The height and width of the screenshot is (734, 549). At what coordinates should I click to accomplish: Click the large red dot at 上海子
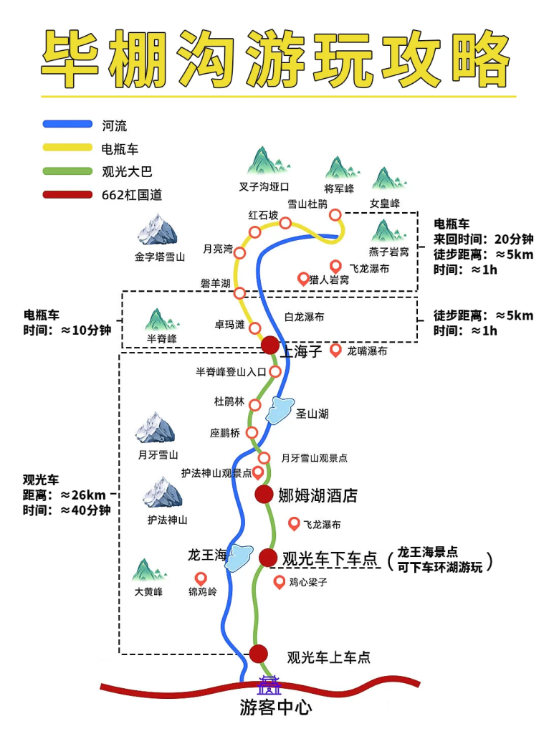point(269,345)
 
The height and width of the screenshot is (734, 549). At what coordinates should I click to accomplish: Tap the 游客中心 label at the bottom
point(276,708)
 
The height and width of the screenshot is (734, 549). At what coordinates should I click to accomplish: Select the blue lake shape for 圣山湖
point(280,411)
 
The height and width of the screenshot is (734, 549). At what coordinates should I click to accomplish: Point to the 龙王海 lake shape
point(239,557)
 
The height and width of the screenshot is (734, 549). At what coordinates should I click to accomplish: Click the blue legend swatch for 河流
point(67,125)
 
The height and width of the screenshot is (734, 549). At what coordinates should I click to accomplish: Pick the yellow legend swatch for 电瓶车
point(67,148)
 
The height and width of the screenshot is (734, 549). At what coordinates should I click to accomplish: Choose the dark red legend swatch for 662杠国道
point(67,194)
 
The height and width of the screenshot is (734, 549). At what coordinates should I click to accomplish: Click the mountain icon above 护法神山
point(163,494)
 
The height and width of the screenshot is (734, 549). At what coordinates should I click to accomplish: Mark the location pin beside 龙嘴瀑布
point(335,350)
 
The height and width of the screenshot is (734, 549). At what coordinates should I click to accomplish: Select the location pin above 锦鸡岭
point(201,578)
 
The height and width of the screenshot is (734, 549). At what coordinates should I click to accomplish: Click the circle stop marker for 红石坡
point(255,231)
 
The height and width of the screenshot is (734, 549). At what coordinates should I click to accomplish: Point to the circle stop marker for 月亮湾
point(240,252)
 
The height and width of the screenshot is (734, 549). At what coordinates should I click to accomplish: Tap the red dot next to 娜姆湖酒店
point(264,494)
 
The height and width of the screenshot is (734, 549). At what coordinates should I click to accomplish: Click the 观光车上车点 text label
point(328,657)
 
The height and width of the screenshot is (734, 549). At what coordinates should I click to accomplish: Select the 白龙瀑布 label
point(304,317)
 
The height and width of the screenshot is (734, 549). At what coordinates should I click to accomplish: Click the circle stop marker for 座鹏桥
point(252,432)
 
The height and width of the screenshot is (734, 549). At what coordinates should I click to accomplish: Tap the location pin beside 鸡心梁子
point(280,581)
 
